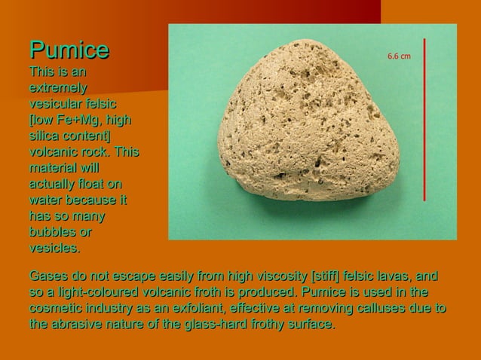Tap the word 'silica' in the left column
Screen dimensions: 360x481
(x=43, y=136)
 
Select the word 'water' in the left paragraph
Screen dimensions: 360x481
(x=47, y=200)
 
